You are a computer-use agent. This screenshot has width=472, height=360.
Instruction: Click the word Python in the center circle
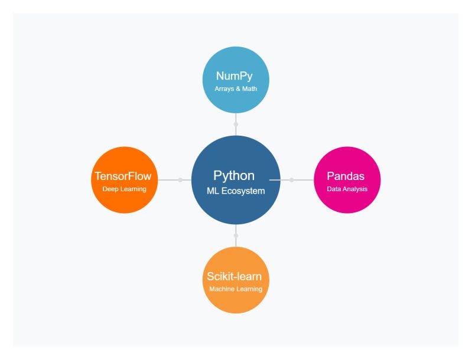pos(234,176)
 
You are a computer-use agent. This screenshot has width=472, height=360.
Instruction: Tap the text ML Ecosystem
pos(236,191)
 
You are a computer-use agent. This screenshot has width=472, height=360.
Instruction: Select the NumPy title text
pos(236,76)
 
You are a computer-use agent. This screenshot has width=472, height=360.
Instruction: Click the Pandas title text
pos(347,176)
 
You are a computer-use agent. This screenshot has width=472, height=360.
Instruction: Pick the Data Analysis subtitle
pos(347,189)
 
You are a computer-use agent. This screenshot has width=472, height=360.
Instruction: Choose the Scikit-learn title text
pos(234,276)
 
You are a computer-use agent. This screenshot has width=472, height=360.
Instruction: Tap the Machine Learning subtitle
pos(236,289)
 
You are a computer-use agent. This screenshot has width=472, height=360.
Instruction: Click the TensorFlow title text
pos(123,176)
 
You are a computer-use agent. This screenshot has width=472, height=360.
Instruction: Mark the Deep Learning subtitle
pos(125,189)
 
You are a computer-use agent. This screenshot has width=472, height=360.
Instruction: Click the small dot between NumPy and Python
pos(236,125)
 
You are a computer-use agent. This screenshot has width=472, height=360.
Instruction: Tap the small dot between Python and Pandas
pos(291,179)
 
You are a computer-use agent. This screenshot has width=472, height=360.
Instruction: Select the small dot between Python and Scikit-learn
pos(236,235)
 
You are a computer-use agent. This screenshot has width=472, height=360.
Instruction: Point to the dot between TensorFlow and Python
pos(180,179)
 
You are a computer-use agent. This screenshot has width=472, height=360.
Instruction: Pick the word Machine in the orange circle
pos(221,289)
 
